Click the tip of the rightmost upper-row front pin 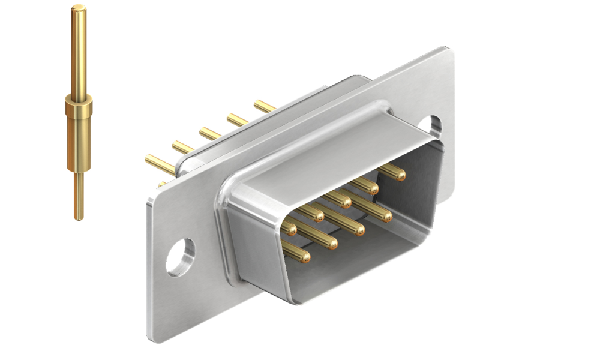(x=399, y=175)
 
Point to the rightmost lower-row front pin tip (x=385, y=215)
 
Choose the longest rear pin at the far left (x=157, y=162)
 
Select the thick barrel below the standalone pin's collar (x=77, y=144)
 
